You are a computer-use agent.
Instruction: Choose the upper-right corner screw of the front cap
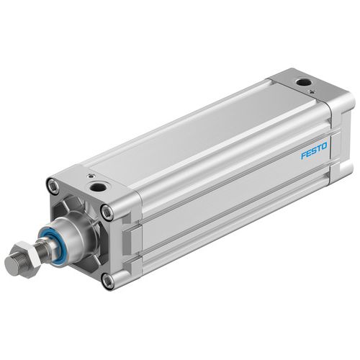point(107,212)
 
